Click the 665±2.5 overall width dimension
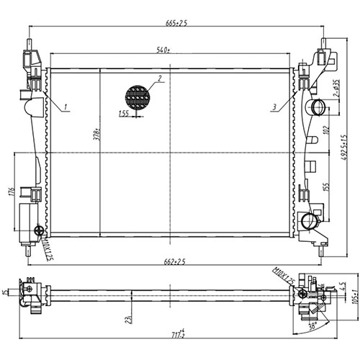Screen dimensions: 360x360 pos(176,24)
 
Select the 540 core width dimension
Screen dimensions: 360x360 pos(163,50)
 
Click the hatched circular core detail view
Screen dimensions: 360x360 pos(138,96)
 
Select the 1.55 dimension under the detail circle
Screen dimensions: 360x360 pos(125,113)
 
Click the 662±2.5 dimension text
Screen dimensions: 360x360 pos(176,262)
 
